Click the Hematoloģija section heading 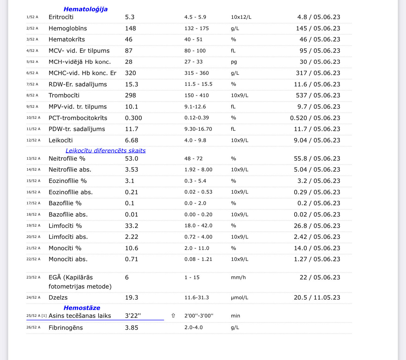(86, 9)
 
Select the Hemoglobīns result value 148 (130, 28)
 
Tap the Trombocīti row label (64, 95)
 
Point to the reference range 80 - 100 (195, 51)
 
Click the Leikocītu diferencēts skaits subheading (105, 151)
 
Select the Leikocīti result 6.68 (132, 140)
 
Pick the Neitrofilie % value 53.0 (132, 158)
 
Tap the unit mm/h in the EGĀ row (238, 277)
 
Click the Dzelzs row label (58, 297)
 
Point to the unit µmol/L (240, 297)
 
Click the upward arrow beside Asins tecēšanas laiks (173, 316)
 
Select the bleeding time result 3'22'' (133, 316)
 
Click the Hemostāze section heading (82, 308)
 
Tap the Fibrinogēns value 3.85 (132, 328)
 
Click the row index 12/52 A (33, 140)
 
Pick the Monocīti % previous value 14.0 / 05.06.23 (317, 248)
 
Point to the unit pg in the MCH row (234, 62)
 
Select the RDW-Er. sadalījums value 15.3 (132, 84)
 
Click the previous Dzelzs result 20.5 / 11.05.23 (317, 297)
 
